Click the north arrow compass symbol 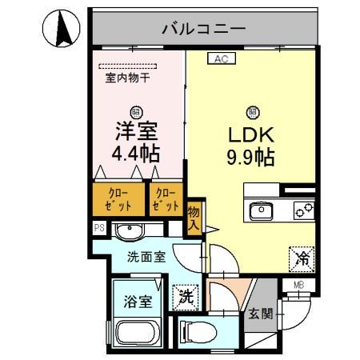(61, 31)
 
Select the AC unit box (222, 58)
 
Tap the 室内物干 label (128, 79)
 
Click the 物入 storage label (194, 218)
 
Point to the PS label (100, 228)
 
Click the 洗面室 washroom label (146, 258)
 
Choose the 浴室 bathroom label (138, 302)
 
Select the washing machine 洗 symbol (184, 294)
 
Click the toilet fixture (197, 330)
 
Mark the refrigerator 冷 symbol (302, 258)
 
